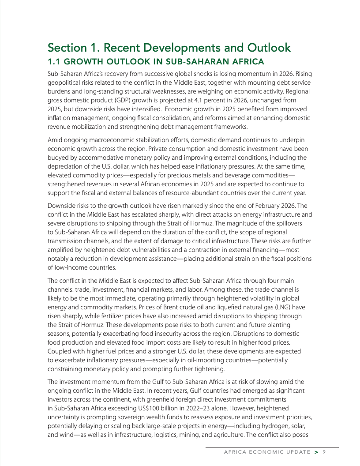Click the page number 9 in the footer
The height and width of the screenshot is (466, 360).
coord(324,452)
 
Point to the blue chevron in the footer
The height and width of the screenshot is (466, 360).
coord(316,452)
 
